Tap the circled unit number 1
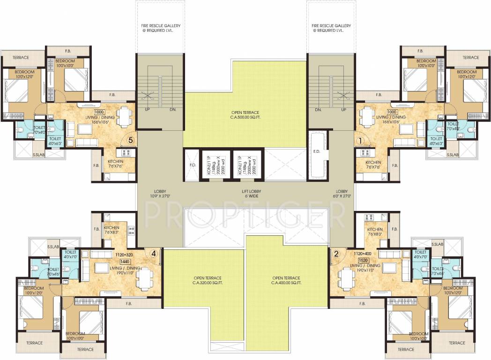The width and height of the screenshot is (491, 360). pos(360,139)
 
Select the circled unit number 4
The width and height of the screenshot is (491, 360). pos(153,254)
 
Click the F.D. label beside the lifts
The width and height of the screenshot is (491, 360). pos(192,165)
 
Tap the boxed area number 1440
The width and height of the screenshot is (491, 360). pos(125,262)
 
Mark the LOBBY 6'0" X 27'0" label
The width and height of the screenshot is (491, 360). pos(342,194)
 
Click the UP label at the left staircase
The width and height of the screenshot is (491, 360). pos(147,110)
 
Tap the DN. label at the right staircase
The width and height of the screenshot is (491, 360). pos(318,110)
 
